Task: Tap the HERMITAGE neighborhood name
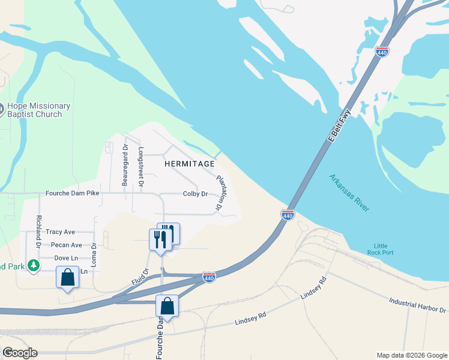(189, 164)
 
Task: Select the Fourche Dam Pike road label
(73, 194)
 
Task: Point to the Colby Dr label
(195, 194)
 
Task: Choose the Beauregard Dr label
(125, 165)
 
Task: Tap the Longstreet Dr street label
(141, 167)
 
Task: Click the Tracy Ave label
(60, 232)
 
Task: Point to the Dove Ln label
(66, 258)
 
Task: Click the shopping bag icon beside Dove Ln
(67, 278)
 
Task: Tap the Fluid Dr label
(140, 277)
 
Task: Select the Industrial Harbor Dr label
(418, 305)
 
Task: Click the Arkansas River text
(349, 192)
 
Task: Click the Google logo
(19, 353)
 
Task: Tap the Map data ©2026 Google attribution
(412, 355)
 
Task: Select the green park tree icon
(34, 265)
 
